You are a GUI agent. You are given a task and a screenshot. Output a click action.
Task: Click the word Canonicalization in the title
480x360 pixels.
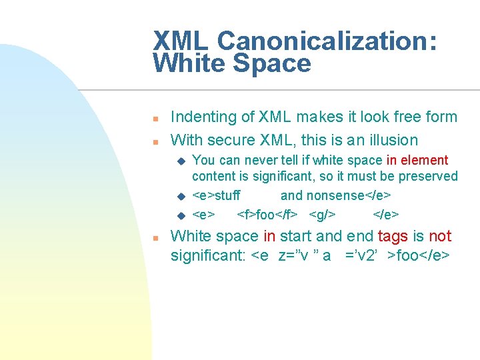tap(327, 41)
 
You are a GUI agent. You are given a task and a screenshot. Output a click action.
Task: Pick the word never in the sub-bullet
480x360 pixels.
tap(263, 161)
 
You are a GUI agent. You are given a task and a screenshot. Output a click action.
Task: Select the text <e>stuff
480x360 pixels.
tap(216, 196)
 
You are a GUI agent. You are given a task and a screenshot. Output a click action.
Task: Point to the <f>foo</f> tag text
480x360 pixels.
tap(267, 215)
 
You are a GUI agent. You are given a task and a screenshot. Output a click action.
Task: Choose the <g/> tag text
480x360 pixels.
tap(323, 215)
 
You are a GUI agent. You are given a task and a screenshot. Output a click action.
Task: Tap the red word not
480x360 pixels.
tap(440, 237)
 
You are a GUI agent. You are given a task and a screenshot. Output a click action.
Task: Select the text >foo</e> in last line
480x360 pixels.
tap(421, 256)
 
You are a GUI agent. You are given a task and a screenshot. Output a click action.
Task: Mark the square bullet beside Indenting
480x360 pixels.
tap(154, 119)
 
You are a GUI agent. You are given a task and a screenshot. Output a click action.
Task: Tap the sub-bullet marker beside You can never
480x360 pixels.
tap(180, 161)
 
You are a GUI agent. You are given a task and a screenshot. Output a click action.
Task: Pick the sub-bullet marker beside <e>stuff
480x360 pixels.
tap(180, 197)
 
